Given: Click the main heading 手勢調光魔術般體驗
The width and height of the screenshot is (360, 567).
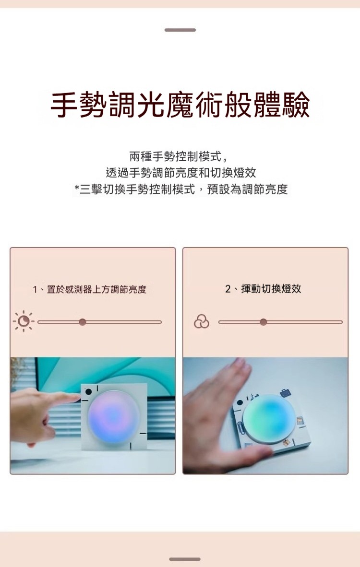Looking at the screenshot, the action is coord(180,105).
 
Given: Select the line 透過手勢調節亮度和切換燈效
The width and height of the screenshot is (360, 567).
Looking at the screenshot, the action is coord(180,173).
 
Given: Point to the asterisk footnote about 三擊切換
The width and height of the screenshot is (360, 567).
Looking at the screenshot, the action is coord(181,189).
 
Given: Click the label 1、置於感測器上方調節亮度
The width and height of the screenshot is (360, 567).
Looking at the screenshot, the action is coord(89,289).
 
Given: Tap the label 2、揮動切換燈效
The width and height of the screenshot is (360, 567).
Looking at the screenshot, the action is coord(263,289).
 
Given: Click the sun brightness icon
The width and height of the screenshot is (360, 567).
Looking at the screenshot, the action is coord(24,321).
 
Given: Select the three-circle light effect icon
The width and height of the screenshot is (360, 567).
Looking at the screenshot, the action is coord(202,321).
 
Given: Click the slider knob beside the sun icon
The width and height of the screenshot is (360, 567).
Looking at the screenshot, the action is coord(83,322).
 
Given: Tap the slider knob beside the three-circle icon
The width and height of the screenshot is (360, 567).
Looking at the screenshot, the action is coord(264,322).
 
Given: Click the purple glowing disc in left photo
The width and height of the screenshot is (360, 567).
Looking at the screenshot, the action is coord(113,417).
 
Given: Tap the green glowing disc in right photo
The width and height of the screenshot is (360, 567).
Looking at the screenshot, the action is coord(270,419).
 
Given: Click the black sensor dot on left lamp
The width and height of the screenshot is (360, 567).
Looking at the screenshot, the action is coord(88,392).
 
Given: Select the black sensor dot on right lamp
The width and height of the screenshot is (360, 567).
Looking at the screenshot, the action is coord(239,403).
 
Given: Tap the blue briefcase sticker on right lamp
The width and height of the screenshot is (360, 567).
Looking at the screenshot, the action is coord(286,393).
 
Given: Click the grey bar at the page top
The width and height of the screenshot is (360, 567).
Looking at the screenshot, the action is coord(180,30).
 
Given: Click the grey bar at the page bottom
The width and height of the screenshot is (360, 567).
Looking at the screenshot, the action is coord(184,559).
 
